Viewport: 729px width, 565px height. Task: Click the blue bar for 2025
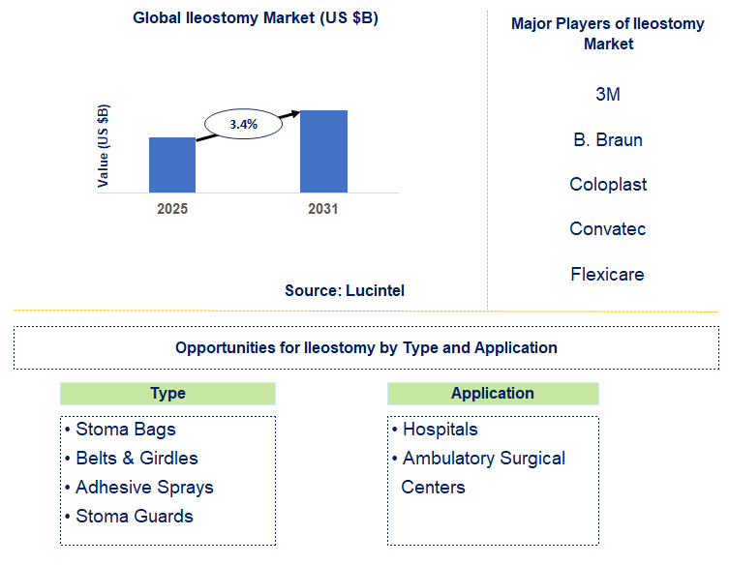point(172,164)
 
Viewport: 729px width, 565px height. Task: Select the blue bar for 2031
point(323,151)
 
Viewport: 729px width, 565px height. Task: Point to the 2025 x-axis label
point(172,208)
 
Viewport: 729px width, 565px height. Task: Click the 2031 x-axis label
point(323,208)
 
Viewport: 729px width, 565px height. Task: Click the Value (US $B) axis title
point(104,144)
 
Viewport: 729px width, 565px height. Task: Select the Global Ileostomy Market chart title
point(256,18)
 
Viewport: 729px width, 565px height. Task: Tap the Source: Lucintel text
point(345,290)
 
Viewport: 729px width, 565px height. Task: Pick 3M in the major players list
point(608,95)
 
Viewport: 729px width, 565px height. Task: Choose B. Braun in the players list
point(608,139)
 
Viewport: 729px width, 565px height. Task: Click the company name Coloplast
point(608,184)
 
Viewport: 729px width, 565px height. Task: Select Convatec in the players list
point(608,229)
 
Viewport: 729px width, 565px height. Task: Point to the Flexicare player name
point(608,274)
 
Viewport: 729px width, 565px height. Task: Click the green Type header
point(167,394)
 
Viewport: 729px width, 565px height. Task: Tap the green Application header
point(493,394)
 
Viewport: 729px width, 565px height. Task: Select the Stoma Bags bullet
point(126,430)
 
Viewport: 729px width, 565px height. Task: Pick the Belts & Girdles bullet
point(137,459)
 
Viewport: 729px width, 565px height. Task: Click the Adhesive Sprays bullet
point(144,488)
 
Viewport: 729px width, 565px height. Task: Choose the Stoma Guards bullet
point(135,517)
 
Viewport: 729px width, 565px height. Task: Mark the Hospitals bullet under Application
point(440,430)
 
